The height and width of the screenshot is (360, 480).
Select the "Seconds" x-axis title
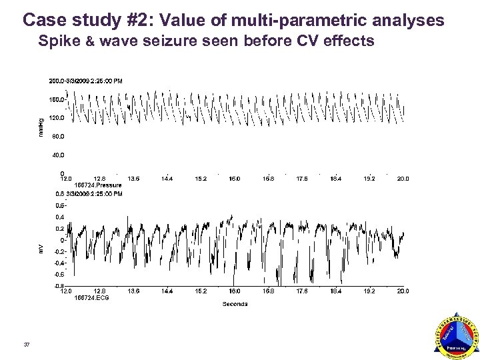point(235,304)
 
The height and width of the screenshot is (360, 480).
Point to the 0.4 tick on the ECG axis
point(60,217)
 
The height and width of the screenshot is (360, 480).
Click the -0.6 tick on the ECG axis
point(59,274)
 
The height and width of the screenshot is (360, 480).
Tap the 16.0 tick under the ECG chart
point(235,291)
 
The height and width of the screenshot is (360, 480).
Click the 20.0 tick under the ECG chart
point(403,291)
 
